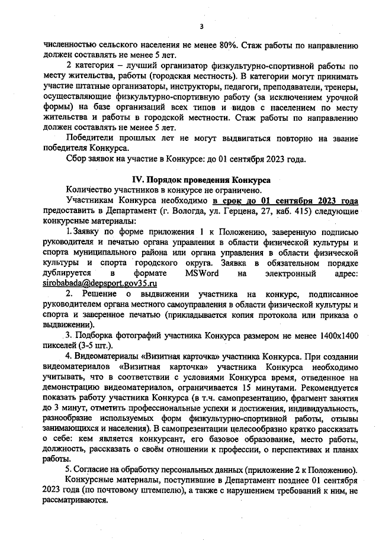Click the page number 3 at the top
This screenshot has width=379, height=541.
[201, 26]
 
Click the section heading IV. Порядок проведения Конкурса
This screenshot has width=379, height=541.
[201, 179]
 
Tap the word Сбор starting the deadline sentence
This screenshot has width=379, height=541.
[78, 159]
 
